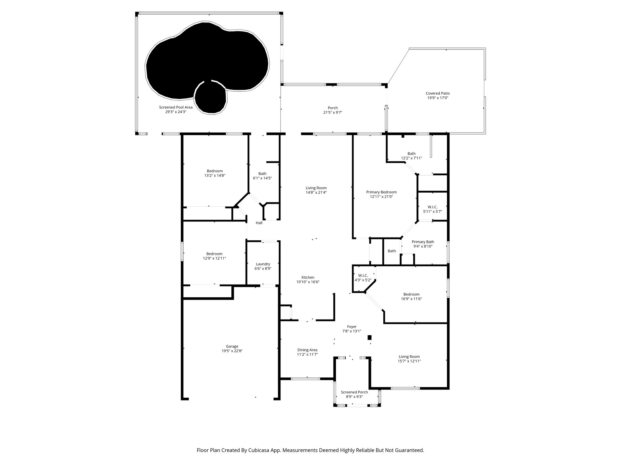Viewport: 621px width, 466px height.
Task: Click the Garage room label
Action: point(232,346)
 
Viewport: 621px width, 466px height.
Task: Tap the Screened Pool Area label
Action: point(176,107)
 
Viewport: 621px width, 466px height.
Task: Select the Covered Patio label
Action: point(438,93)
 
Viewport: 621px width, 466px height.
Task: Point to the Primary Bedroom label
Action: point(381,192)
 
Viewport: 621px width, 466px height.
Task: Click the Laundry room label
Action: point(263,264)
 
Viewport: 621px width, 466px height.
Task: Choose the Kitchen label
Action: point(308,277)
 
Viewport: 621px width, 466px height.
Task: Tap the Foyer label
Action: point(352,327)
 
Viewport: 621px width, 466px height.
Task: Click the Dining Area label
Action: point(307,350)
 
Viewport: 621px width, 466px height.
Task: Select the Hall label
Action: point(259,223)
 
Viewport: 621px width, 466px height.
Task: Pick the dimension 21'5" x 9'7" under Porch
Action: point(333,113)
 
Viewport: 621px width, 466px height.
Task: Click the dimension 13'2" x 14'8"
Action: point(215,175)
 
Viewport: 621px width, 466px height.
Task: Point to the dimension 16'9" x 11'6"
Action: point(411,299)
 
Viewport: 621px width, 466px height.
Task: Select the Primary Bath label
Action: point(423,242)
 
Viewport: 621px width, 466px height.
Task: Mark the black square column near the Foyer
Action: point(369,337)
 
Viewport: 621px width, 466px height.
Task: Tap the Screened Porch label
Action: point(354,392)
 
